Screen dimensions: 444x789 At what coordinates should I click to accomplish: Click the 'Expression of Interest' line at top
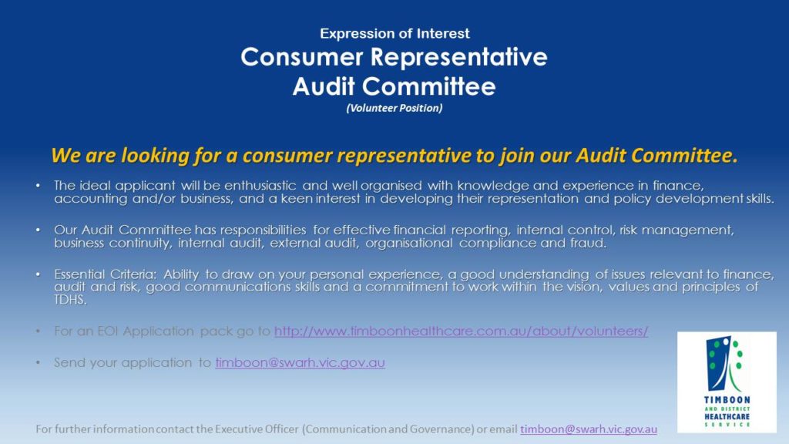click(x=394, y=34)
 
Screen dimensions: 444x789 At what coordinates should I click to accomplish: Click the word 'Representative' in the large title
click(x=461, y=58)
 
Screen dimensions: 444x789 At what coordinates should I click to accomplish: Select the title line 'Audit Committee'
click(x=394, y=86)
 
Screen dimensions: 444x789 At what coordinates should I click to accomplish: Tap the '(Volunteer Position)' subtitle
click(x=394, y=108)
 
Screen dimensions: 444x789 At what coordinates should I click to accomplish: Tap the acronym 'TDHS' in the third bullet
click(x=69, y=300)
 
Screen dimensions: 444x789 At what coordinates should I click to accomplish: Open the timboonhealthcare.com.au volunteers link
click(x=461, y=331)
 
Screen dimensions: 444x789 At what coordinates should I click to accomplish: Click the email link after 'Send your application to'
click(x=300, y=362)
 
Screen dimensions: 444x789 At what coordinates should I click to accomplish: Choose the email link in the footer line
click(x=589, y=429)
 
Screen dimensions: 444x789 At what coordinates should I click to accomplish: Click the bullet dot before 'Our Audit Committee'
click(x=39, y=230)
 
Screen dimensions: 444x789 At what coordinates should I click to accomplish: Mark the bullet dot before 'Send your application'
click(x=39, y=362)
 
